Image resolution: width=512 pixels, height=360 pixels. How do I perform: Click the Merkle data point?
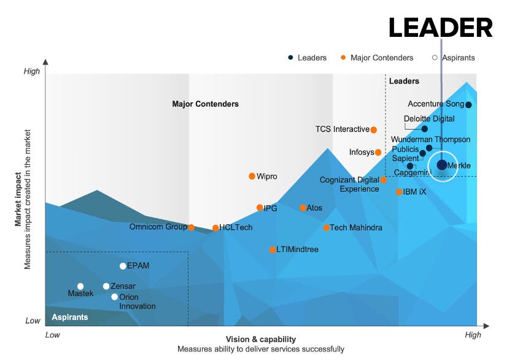(442, 165)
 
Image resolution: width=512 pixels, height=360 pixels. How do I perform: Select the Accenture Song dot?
(468, 104)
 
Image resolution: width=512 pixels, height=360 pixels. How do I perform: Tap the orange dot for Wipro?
(252, 176)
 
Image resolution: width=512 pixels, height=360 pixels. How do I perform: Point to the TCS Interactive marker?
(373, 130)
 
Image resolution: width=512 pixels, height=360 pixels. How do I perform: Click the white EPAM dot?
(123, 266)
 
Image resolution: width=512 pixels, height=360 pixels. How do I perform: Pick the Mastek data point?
(80, 286)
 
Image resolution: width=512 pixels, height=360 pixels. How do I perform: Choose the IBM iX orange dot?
(399, 192)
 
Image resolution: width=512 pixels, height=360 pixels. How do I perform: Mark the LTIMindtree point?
(273, 249)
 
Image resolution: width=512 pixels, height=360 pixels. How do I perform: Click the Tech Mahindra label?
(356, 228)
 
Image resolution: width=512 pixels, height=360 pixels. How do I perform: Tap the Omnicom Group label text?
(158, 227)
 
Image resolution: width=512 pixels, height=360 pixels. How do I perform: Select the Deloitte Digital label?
(429, 119)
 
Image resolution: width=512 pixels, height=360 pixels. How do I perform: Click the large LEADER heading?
(440, 29)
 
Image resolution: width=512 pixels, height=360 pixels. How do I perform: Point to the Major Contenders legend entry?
(381, 58)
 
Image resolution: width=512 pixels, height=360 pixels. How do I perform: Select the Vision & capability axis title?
(260, 339)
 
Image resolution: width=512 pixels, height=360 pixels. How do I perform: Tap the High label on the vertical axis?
(31, 71)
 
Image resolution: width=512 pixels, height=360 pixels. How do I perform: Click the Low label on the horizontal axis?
(53, 335)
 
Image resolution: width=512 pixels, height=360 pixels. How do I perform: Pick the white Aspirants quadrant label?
(69, 318)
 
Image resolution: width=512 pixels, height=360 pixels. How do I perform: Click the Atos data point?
(303, 208)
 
